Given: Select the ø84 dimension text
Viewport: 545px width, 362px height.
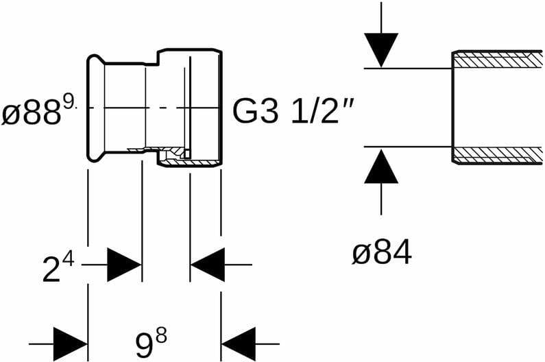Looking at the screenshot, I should click(x=381, y=254).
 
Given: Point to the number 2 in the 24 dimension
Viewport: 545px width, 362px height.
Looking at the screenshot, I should click(x=49, y=270).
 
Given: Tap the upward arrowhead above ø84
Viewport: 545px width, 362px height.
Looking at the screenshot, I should click(x=381, y=167).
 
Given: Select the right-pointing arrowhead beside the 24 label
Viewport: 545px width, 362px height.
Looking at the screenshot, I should click(x=124, y=265).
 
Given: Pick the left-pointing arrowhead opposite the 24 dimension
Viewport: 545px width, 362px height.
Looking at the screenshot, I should click(x=208, y=265).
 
